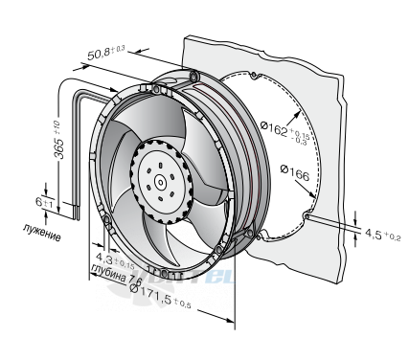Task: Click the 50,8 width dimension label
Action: (106, 53)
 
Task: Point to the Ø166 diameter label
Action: (295, 172)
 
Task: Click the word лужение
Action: (42, 233)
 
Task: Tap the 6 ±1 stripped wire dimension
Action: (44, 202)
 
